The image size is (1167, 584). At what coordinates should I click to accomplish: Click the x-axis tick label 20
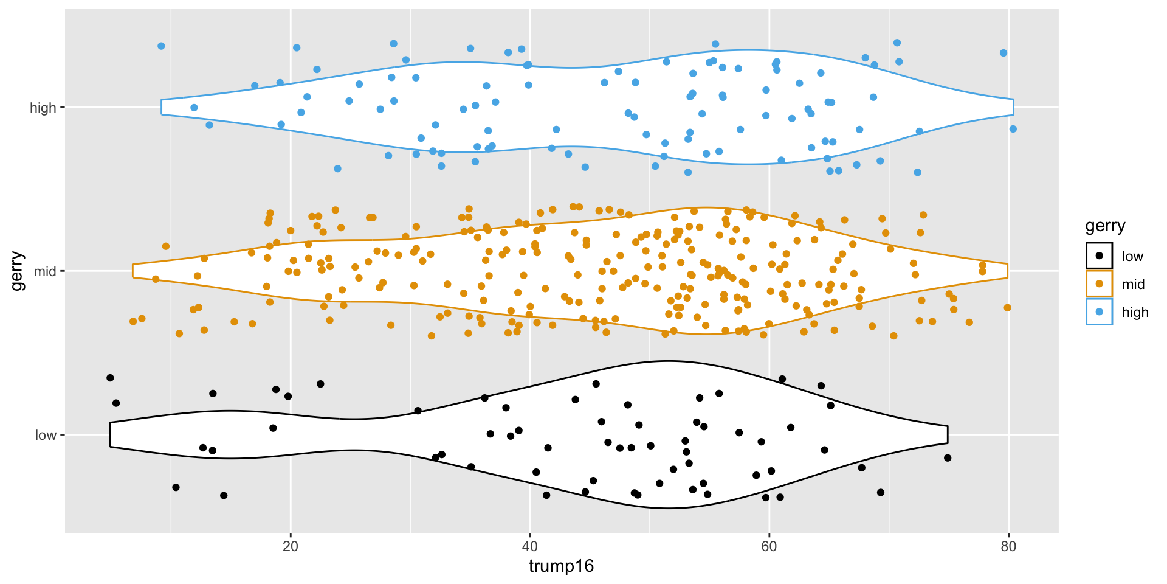click(x=291, y=546)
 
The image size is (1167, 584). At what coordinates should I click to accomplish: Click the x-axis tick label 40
click(x=530, y=546)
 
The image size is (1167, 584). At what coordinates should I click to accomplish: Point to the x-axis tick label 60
click(x=769, y=546)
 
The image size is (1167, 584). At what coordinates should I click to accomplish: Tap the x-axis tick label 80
click(x=1008, y=546)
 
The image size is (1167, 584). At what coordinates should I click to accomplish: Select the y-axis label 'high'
click(x=43, y=108)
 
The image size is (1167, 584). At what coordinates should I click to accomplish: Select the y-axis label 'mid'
click(x=45, y=271)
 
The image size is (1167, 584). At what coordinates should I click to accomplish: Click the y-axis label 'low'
click(x=46, y=435)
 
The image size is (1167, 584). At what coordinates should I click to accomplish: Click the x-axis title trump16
click(x=561, y=566)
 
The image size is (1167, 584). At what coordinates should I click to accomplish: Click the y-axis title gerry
click(x=17, y=271)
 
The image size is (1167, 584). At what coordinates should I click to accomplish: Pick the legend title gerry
click(x=1105, y=226)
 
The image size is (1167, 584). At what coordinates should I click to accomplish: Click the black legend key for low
click(x=1099, y=256)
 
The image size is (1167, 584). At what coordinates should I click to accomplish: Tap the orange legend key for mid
click(x=1099, y=284)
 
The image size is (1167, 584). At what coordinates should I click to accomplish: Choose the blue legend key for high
click(x=1099, y=312)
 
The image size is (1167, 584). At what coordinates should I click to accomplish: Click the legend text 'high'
click(x=1135, y=313)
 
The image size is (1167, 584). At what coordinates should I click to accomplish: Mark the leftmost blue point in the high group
click(x=161, y=46)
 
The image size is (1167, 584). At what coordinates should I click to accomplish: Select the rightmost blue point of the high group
click(x=1013, y=129)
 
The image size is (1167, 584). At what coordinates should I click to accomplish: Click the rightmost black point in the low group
click(x=948, y=458)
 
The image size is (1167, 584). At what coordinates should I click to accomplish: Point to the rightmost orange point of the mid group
click(x=1008, y=308)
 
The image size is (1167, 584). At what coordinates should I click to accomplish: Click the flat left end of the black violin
click(x=110, y=434)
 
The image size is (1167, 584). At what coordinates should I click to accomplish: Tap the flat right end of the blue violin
click(x=1014, y=107)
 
